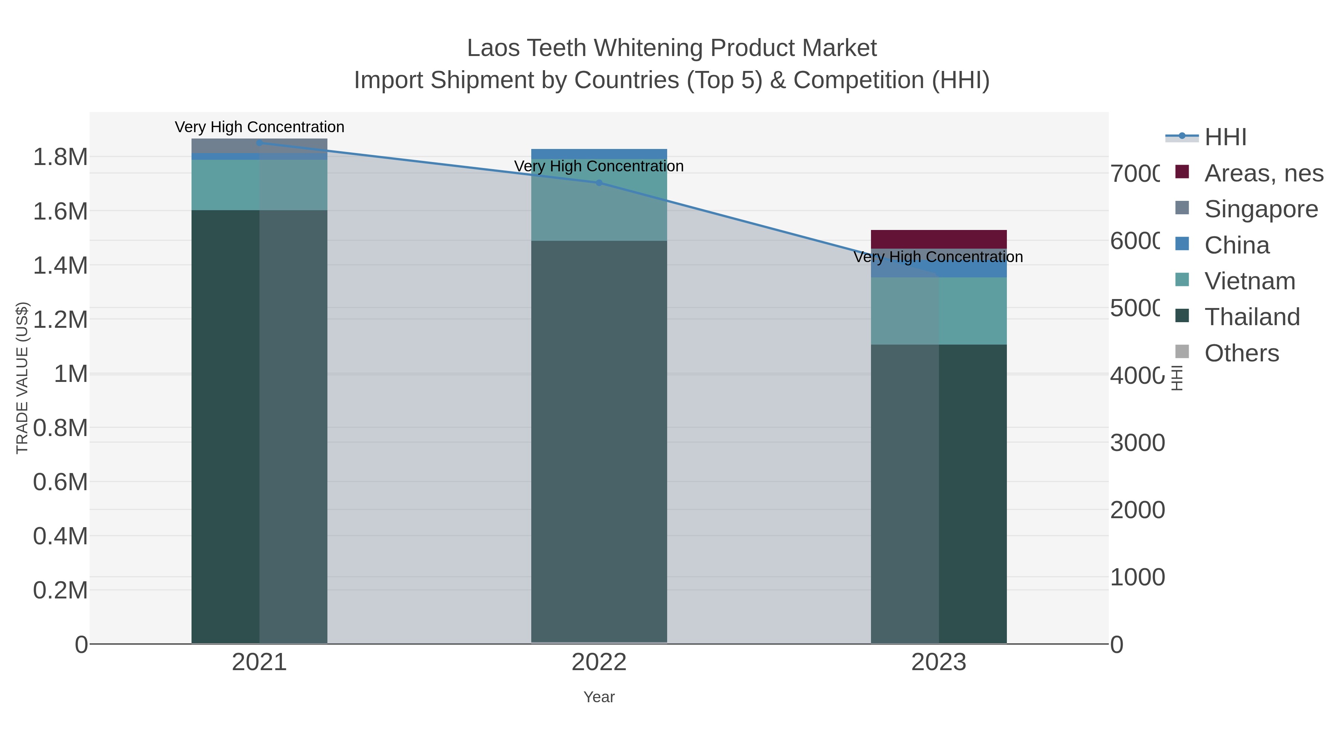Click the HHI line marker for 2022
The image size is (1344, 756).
coord(599,183)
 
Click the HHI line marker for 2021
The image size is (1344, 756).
coord(259,143)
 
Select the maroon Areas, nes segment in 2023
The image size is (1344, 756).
coord(938,239)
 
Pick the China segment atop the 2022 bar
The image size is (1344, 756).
coord(599,154)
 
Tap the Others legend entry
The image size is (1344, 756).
coord(1241,353)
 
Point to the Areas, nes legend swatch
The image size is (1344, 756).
coord(1182,172)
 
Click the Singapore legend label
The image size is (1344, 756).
coord(1260,209)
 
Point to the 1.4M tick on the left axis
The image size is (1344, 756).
coord(60,265)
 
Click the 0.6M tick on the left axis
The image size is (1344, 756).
coord(60,482)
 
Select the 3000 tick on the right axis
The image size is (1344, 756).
coord(1138,443)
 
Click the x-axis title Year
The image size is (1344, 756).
coord(599,697)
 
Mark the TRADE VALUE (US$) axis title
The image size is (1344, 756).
coord(22,378)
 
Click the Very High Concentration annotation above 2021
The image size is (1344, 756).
coord(259,127)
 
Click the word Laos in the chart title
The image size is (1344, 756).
coord(492,48)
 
